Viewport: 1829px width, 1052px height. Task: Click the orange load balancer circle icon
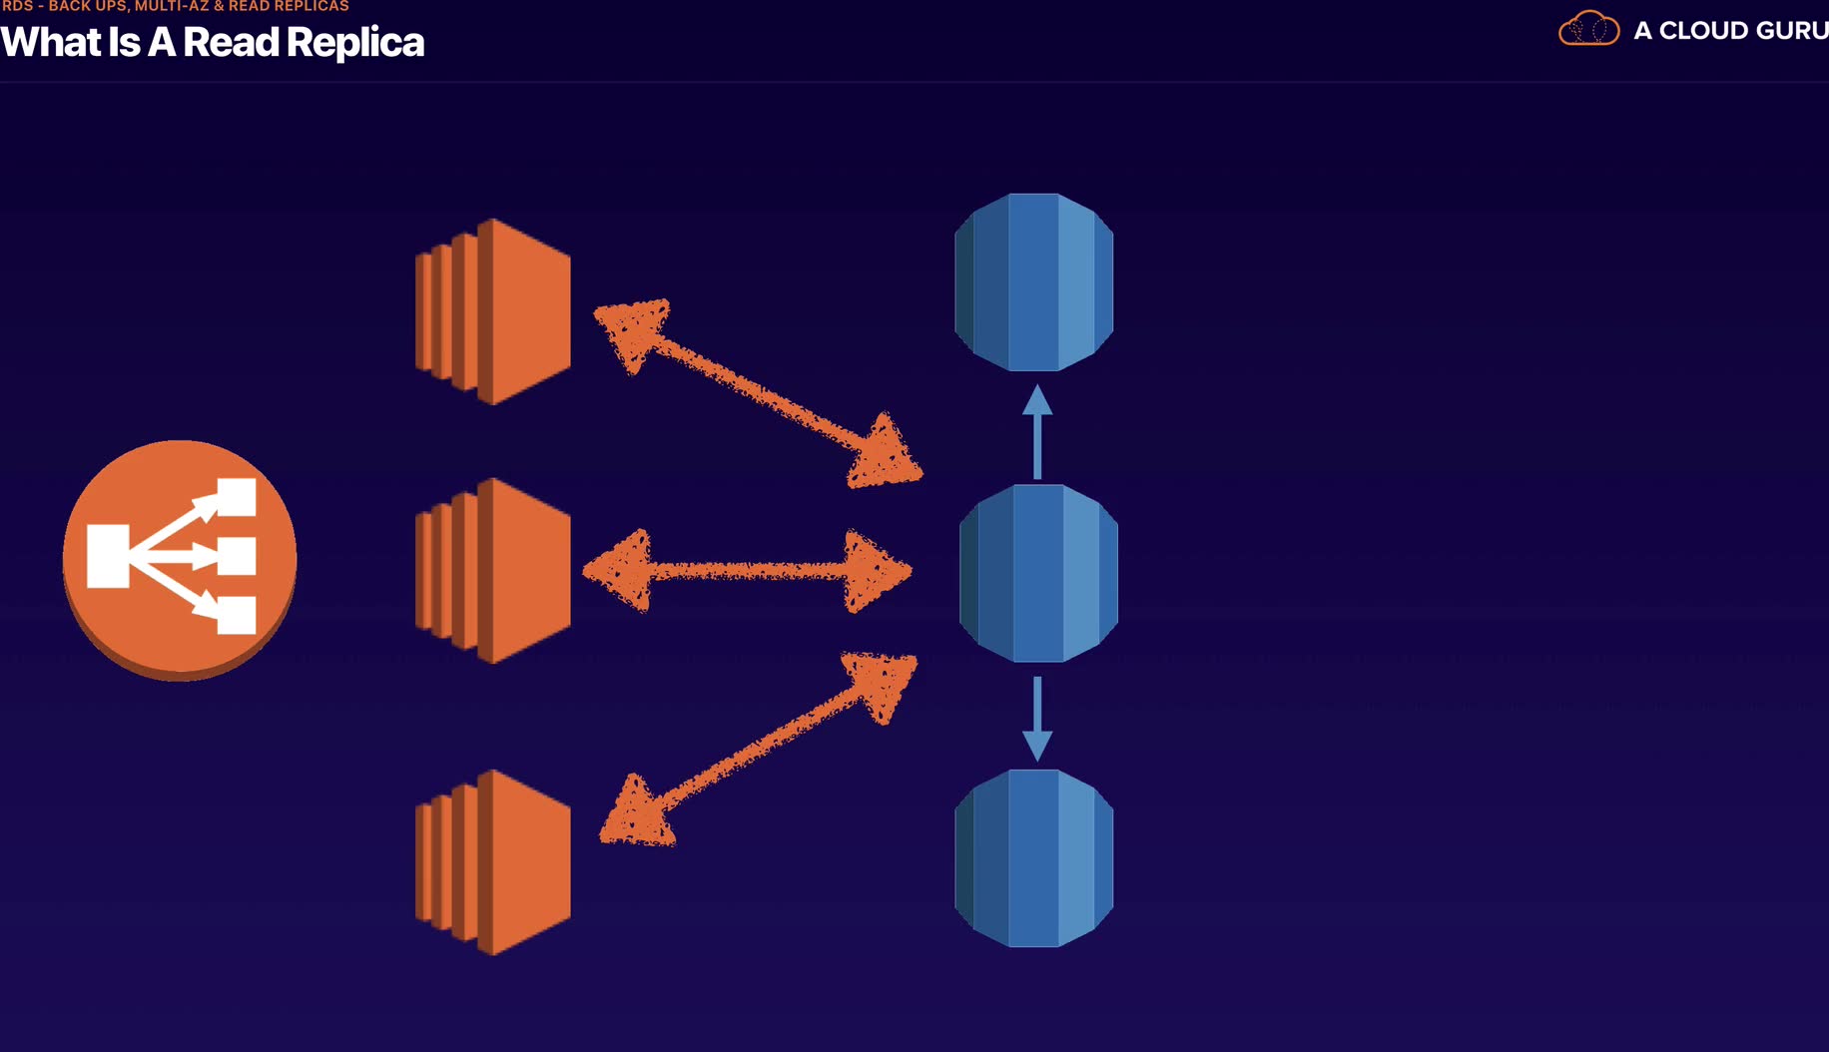180,559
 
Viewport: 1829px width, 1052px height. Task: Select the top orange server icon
494,311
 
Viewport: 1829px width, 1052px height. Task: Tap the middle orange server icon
494,571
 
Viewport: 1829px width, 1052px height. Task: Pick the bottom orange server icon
494,862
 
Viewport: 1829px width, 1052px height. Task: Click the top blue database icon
1034,282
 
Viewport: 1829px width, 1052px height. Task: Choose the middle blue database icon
1038,573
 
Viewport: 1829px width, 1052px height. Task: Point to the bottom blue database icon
1034,858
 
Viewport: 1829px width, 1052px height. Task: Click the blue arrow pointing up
1037,430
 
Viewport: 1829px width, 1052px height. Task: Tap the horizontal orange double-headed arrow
747,571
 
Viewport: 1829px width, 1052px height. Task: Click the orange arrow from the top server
757,392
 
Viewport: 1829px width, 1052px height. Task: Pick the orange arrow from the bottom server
757,749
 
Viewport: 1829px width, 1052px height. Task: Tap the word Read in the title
231,43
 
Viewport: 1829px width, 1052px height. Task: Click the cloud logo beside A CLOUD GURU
1588,29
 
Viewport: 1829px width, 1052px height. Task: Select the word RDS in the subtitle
18,6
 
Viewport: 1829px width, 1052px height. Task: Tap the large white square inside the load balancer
108,556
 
